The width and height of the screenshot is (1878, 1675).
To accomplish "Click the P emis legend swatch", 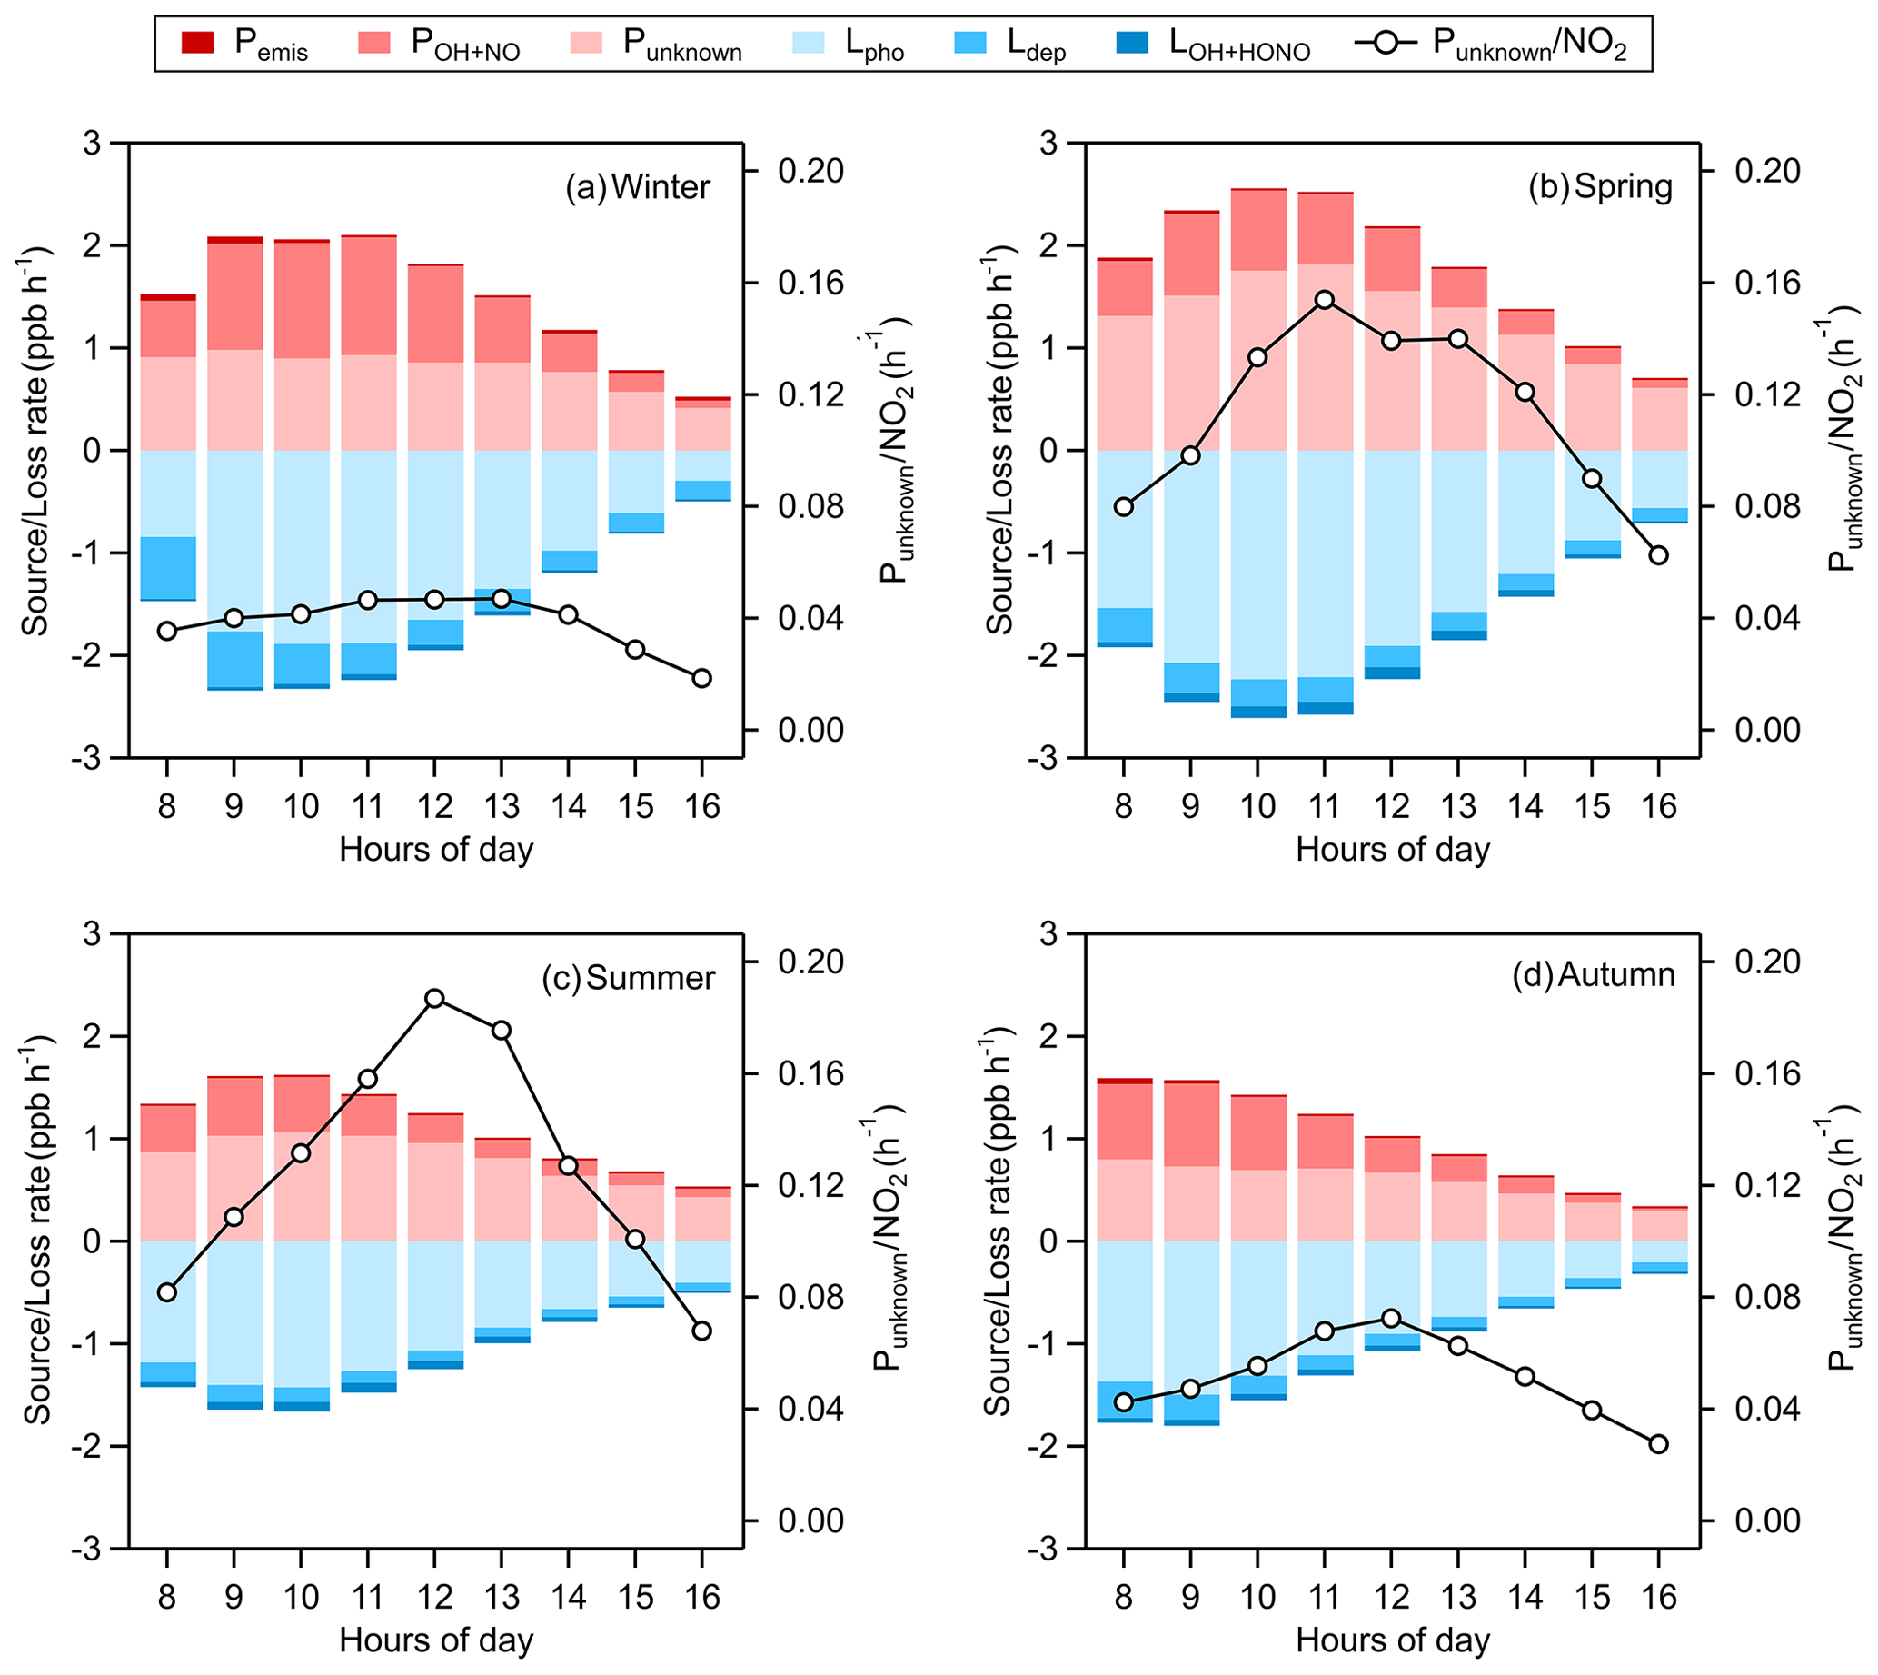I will tap(198, 44).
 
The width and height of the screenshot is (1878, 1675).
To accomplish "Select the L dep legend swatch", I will tap(969, 44).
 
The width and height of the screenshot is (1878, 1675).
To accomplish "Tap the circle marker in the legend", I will tap(1386, 44).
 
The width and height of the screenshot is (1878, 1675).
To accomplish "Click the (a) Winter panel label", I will tap(638, 187).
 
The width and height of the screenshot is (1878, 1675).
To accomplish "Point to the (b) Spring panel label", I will tap(1600, 187).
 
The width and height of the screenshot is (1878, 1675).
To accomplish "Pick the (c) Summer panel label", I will tap(628, 977).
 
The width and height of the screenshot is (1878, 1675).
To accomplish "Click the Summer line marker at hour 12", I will tap(434, 999).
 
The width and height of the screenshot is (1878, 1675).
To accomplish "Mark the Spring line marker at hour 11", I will tap(1324, 300).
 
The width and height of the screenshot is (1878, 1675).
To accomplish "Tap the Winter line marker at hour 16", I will tap(702, 678).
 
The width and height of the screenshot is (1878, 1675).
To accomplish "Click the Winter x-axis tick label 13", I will tap(502, 807).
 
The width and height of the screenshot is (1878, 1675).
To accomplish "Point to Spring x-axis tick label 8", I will tap(1124, 807).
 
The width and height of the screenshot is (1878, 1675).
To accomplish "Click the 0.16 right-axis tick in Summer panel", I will tap(810, 1074).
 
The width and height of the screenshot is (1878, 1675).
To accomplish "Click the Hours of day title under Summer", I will tap(436, 1640).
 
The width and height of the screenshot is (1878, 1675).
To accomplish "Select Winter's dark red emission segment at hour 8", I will tap(167, 297).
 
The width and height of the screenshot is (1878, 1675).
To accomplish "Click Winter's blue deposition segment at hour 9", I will tap(234, 659).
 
